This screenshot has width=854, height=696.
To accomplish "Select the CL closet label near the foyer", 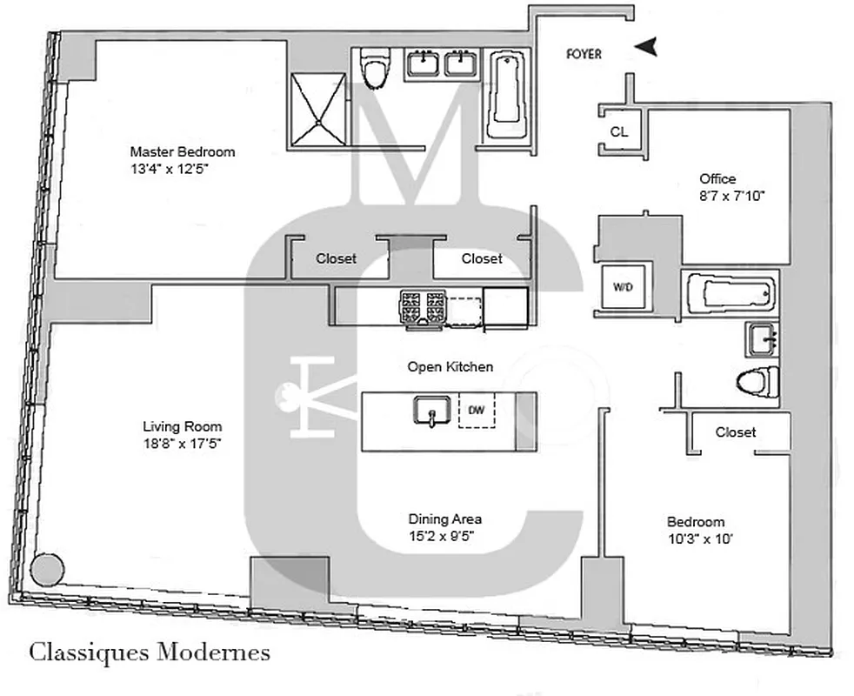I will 618,132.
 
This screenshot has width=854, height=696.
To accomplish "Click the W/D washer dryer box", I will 624,287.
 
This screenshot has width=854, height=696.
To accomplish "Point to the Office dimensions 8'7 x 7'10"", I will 731,196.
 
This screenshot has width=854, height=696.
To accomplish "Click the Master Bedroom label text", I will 182,151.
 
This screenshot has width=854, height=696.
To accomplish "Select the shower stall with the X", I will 317,109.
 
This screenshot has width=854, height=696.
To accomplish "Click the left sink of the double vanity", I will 423,64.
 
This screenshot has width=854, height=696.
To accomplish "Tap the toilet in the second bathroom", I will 756,381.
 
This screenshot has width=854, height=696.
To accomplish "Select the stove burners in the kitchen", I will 423,306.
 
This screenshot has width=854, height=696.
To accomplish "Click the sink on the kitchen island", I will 430,411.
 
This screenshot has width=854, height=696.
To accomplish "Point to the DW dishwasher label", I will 476,410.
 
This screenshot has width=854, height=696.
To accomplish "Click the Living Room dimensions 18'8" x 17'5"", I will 182,442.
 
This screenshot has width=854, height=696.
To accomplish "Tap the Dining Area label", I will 444,519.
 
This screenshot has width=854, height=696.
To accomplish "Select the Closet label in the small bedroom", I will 735,432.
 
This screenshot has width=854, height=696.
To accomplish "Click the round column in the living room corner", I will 47,569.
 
